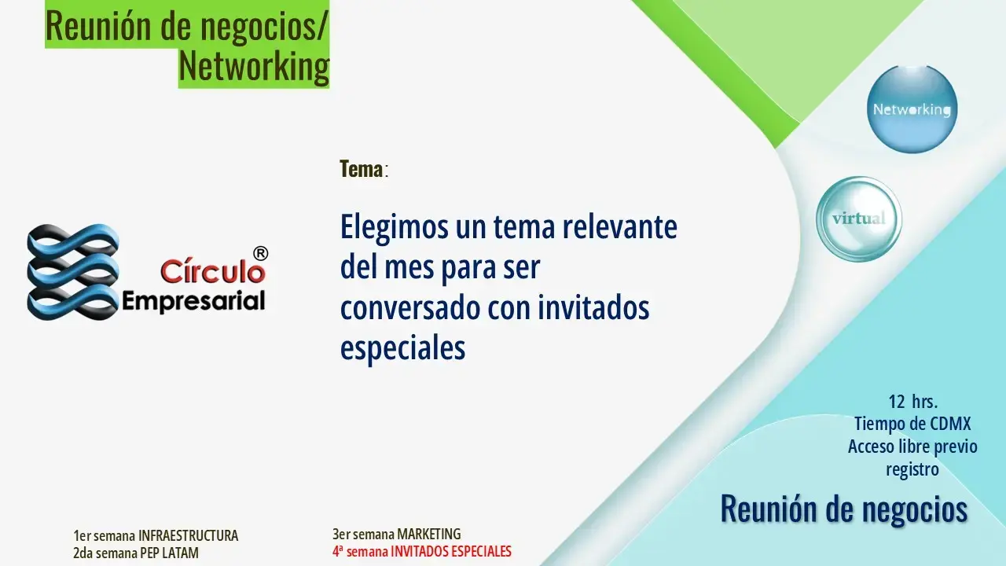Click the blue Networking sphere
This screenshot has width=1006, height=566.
click(912, 109)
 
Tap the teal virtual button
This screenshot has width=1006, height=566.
click(859, 219)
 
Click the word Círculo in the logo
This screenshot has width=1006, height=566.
click(213, 271)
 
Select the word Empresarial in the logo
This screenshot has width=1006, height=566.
click(193, 301)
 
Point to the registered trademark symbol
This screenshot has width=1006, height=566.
click(260, 253)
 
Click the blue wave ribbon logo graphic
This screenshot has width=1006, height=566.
click(73, 272)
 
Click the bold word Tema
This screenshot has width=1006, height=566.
click(361, 169)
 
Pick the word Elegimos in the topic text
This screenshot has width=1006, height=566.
click(395, 228)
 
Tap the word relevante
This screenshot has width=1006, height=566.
click(620, 227)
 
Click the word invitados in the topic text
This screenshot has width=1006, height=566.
click(593, 307)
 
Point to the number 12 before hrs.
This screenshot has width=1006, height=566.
click(897, 402)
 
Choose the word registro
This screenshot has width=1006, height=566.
click(912, 470)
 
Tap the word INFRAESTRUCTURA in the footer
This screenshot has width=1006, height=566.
click(188, 535)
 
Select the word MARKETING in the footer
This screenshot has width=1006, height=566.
click(429, 534)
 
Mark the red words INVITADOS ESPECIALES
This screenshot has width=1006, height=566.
click(451, 551)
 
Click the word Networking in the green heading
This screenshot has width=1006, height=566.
click(254, 67)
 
